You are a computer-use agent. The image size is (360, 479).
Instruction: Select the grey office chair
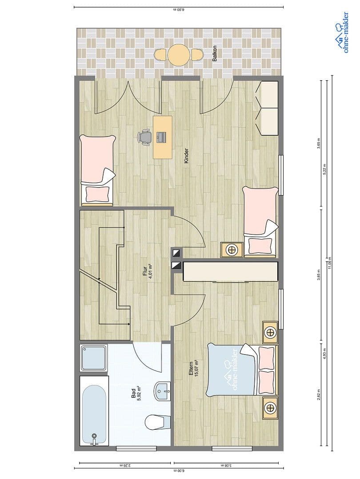point(145,137)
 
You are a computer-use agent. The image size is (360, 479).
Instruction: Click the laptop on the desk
point(161,137)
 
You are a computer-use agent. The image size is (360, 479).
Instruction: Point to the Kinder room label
point(186,156)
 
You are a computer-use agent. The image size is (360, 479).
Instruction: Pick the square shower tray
point(93,358)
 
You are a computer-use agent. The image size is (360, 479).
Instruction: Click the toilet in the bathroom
point(158,422)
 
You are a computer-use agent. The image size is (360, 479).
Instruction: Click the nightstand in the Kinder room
point(232,250)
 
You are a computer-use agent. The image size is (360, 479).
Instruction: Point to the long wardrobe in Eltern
point(230,271)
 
